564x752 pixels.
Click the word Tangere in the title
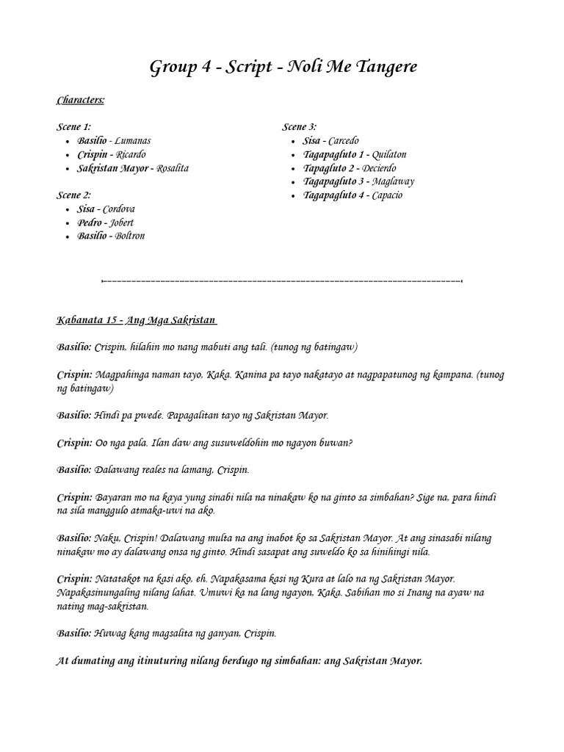coord(383,67)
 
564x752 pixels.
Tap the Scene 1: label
coord(74,127)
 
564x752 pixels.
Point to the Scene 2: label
coord(74,195)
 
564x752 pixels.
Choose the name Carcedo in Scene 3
coord(344,140)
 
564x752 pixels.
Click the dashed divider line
coord(282,281)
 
